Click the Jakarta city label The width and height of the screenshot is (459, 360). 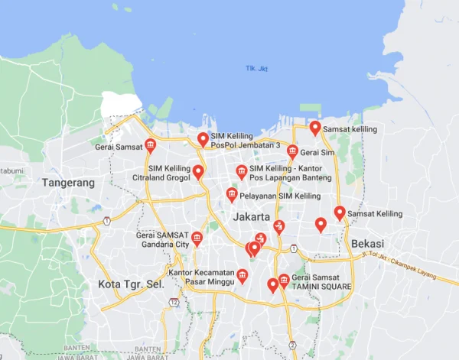251,217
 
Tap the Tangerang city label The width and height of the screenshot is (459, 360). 69,183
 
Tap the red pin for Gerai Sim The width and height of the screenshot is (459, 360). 291,151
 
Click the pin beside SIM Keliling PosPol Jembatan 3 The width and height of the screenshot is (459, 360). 203,138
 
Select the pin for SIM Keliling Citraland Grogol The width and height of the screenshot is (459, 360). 198,171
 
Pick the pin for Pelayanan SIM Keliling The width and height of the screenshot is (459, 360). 232,194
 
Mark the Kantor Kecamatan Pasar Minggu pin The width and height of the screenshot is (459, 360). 243,275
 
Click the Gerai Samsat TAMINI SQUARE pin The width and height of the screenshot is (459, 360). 284,280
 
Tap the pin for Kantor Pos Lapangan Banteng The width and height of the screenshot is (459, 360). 242,170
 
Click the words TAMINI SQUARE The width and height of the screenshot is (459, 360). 321,287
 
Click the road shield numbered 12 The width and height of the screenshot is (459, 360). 174,303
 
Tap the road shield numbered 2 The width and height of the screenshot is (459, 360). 292,345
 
